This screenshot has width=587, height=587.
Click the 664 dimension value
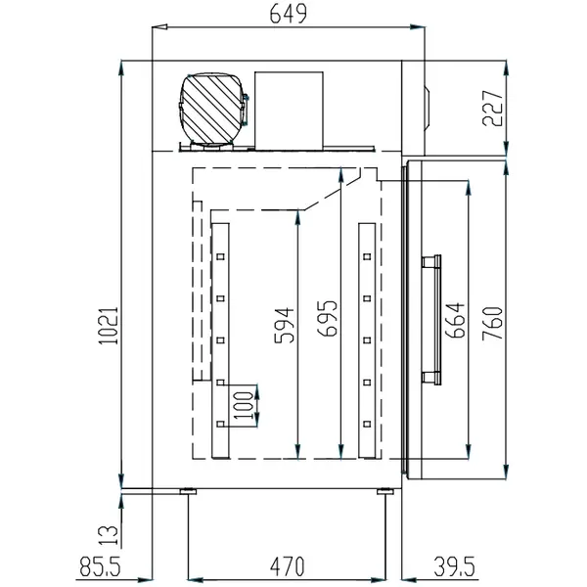click(x=455, y=320)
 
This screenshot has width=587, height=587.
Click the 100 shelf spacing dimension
click(x=242, y=402)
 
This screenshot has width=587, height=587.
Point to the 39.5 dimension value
click(x=458, y=565)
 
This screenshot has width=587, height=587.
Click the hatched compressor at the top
click(x=210, y=109)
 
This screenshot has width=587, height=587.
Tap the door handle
click(x=430, y=318)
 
